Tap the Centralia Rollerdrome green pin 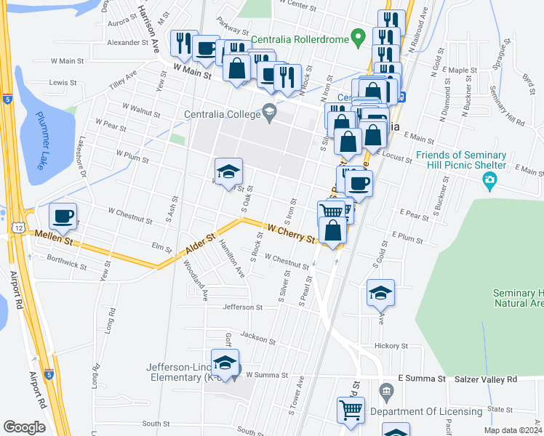click(x=357, y=36)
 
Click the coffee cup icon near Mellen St click(x=63, y=216)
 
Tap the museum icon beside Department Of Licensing click(x=385, y=393)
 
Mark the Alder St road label click(x=201, y=245)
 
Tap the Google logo click(x=24, y=427)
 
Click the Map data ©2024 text click(x=511, y=430)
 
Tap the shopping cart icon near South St click(x=351, y=410)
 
